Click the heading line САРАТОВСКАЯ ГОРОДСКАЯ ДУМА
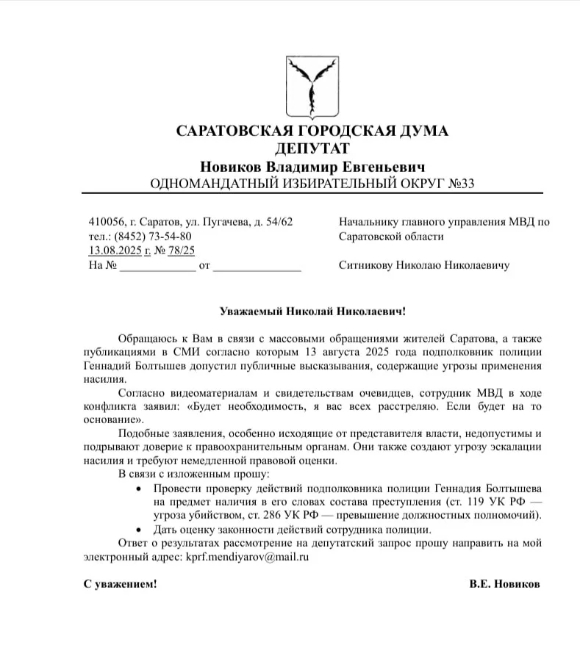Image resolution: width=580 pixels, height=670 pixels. (312, 132)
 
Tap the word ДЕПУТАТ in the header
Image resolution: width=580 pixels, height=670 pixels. (312, 149)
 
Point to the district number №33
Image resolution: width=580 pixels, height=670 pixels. (460, 184)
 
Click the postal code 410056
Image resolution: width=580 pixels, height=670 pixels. (105, 222)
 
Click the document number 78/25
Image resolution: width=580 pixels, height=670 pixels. (182, 251)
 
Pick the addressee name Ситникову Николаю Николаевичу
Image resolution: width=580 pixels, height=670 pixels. (424, 265)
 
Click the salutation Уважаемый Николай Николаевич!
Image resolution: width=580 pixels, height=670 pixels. (312, 311)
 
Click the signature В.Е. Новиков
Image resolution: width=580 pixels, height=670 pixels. (504, 584)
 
